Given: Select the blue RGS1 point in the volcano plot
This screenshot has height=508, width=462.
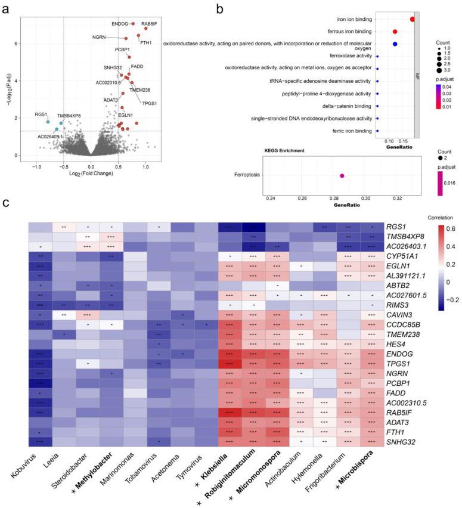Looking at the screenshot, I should (48, 122).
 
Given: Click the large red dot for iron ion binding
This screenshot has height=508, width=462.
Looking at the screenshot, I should (413, 19).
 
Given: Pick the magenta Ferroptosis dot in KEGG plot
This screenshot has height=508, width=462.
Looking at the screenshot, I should (342, 176).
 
